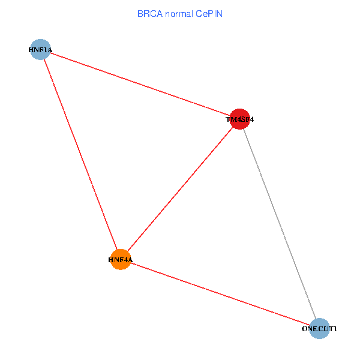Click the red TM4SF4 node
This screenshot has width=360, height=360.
pyautogui.click(x=240, y=118)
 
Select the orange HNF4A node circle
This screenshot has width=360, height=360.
pyautogui.click(x=121, y=259)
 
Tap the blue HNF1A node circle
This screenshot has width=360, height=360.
pyautogui.click(x=40, y=49)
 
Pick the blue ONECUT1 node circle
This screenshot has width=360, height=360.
pyautogui.click(x=320, y=328)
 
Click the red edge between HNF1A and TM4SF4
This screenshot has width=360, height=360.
pyautogui.click(x=140, y=83)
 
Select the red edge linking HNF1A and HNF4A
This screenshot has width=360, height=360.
pyautogui.click(x=80, y=154)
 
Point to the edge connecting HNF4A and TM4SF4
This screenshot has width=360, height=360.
pyautogui.click(x=180, y=189)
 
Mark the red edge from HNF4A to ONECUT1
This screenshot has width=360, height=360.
pyautogui.click(x=220, y=294)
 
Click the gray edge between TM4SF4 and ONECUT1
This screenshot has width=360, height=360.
pyautogui.click(x=280, y=223)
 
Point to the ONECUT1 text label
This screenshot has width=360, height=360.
pyautogui.click(x=319, y=329)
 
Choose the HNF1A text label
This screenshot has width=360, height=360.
pyautogui.click(x=40, y=50)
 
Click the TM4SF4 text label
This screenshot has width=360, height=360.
pyautogui.click(x=240, y=120)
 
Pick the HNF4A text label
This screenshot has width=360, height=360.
pyautogui.click(x=120, y=260)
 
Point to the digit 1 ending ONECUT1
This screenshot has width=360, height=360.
pyautogui.click(x=335, y=329)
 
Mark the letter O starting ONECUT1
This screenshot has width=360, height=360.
pyautogui.click(x=304, y=329)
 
